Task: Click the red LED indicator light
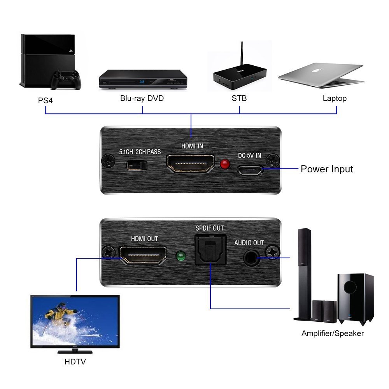click(225, 164)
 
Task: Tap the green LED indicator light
click(180, 256)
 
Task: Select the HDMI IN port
click(190, 163)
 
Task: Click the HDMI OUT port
click(143, 255)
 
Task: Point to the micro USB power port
click(250, 170)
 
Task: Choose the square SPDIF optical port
click(210, 250)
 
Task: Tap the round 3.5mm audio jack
click(252, 258)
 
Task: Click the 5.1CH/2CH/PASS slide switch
click(137, 165)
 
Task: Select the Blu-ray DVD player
click(143, 79)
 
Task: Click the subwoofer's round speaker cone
click(350, 287)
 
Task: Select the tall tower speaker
click(303, 274)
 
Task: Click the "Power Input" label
click(327, 169)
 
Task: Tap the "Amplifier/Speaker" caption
click(333, 333)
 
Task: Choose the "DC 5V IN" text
click(250, 156)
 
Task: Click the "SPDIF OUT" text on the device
click(210, 228)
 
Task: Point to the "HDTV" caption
click(75, 362)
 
